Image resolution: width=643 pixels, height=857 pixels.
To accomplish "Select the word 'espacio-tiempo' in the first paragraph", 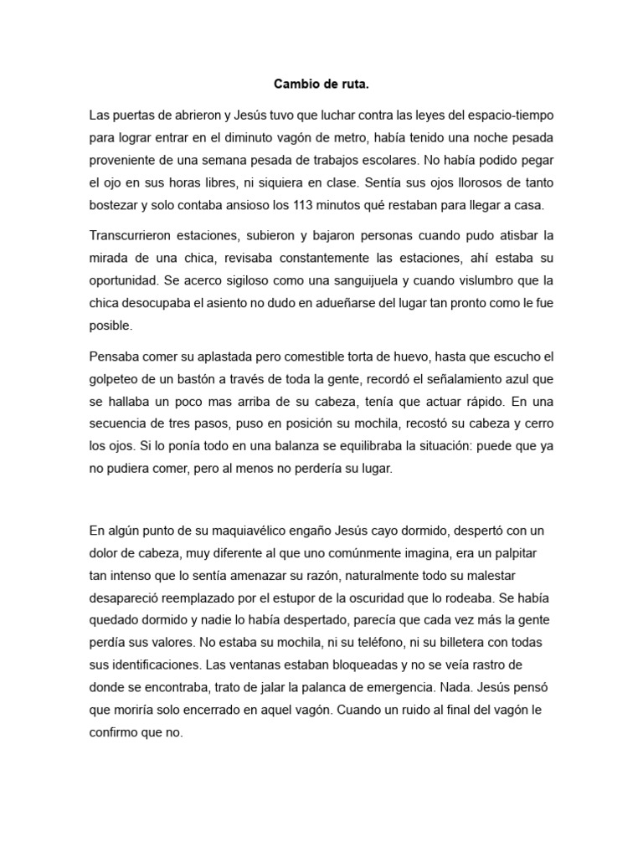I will (x=511, y=114).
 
